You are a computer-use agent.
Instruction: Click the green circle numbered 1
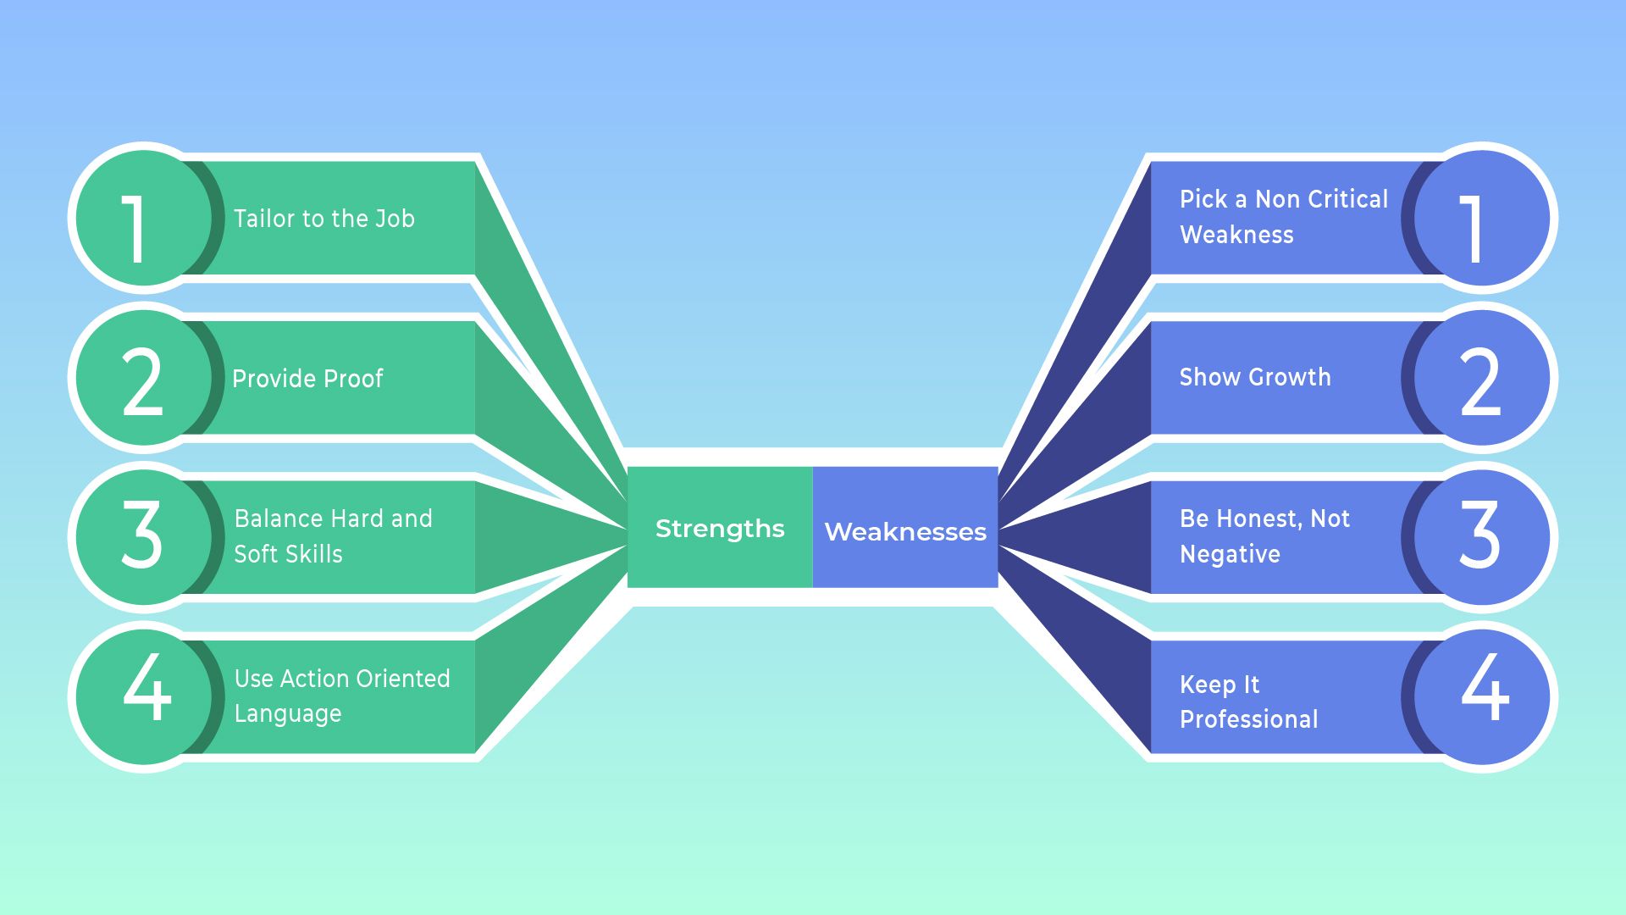pyautogui.click(x=142, y=219)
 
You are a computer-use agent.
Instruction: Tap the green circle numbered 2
pyautogui.click(x=142, y=378)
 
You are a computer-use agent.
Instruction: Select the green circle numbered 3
pyautogui.click(x=142, y=537)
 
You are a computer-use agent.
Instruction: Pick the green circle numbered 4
pyautogui.click(x=142, y=696)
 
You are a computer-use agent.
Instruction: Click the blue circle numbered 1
pyautogui.click(x=1482, y=219)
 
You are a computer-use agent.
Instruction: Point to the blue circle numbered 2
pyautogui.click(x=1482, y=378)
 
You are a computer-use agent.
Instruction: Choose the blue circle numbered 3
pyautogui.click(x=1482, y=537)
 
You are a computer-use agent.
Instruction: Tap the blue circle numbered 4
pyautogui.click(x=1482, y=696)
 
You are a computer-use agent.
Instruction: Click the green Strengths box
pyautogui.click(x=720, y=528)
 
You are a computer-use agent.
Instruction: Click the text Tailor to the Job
pyautogui.click(x=324, y=219)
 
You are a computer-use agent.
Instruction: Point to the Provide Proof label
pyautogui.click(x=307, y=378)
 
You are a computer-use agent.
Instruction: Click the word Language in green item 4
pyautogui.click(x=288, y=713)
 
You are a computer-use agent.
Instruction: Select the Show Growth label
pyautogui.click(x=1254, y=377)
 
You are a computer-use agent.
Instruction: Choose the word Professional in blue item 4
pyautogui.click(x=1248, y=719)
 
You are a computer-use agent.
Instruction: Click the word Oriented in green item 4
pyautogui.click(x=403, y=679)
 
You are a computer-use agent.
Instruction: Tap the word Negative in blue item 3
pyautogui.click(x=1230, y=554)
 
